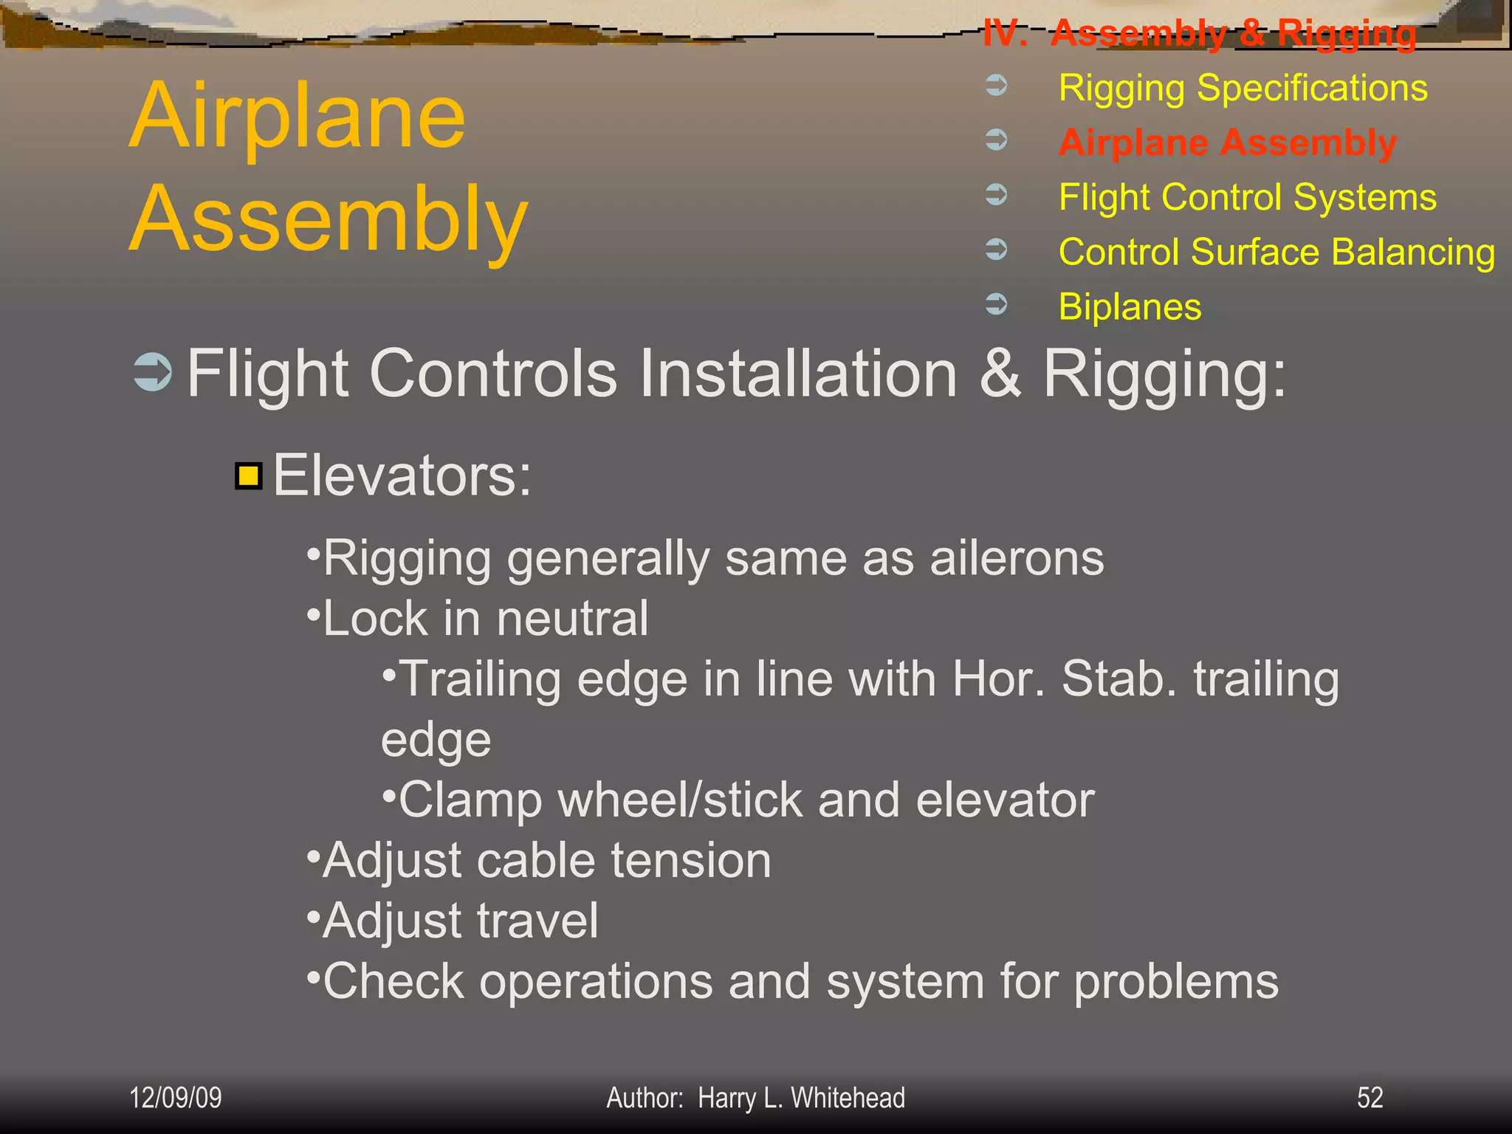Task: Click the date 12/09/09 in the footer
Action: point(176,1098)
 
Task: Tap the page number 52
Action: point(1370,1098)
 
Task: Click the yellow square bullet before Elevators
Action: point(249,476)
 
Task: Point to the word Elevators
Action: point(402,476)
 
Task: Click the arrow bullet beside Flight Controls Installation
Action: point(153,372)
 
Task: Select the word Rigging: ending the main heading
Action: point(1164,374)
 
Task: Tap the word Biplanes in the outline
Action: point(1130,306)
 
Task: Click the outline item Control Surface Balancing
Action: point(1276,252)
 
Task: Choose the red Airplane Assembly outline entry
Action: point(1227,142)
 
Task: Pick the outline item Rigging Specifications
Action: point(1243,88)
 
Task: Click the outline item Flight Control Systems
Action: point(1248,197)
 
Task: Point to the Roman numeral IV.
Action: point(1005,33)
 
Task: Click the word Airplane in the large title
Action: point(298,116)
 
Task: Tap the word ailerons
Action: point(1017,558)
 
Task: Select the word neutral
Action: point(572,619)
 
